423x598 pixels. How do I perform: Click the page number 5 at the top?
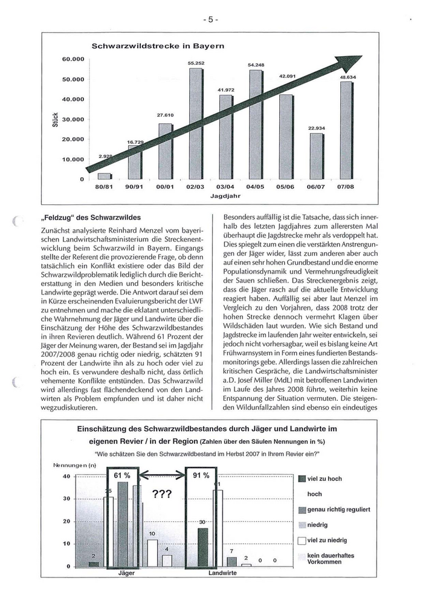click(211, 19)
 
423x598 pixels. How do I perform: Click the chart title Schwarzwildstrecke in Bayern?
click(158, 46)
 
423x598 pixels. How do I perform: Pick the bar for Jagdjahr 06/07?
click(316, 156)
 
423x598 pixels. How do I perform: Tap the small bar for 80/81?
click(105, 176)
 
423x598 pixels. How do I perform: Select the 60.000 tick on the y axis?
click(73, 59)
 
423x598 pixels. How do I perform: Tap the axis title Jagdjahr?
click(225, 197)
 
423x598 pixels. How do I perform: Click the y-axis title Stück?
click(54, 119)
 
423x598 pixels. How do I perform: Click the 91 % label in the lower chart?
click(201, 475)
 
